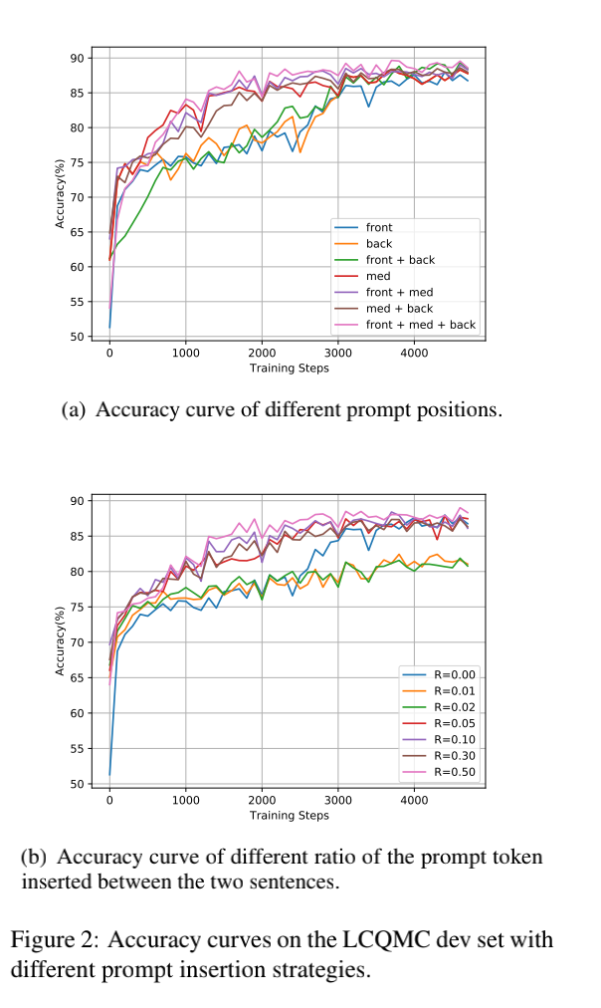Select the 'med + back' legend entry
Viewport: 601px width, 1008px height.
pos(399,309)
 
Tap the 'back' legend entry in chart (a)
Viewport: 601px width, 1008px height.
pos(379,244)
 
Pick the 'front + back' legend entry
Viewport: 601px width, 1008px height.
pos(400,260)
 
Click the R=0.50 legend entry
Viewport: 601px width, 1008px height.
pos(456,771)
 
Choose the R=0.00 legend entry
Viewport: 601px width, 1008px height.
pos(456,674)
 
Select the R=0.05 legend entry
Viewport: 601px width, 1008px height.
pos(456,723)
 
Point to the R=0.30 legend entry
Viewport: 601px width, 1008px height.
pos(456,755)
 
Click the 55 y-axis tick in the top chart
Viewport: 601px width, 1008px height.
pos(77,301)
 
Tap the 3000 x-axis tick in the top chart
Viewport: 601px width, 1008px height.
pos(338,354)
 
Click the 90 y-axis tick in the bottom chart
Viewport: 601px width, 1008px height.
pos(77,501)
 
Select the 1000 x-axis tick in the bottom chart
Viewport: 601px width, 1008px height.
pos(186,800)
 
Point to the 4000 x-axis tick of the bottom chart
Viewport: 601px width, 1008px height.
pos(414,800)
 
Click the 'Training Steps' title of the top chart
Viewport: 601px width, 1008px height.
pos(289,369)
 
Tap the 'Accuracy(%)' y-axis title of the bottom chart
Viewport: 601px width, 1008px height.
pos(61,641)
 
